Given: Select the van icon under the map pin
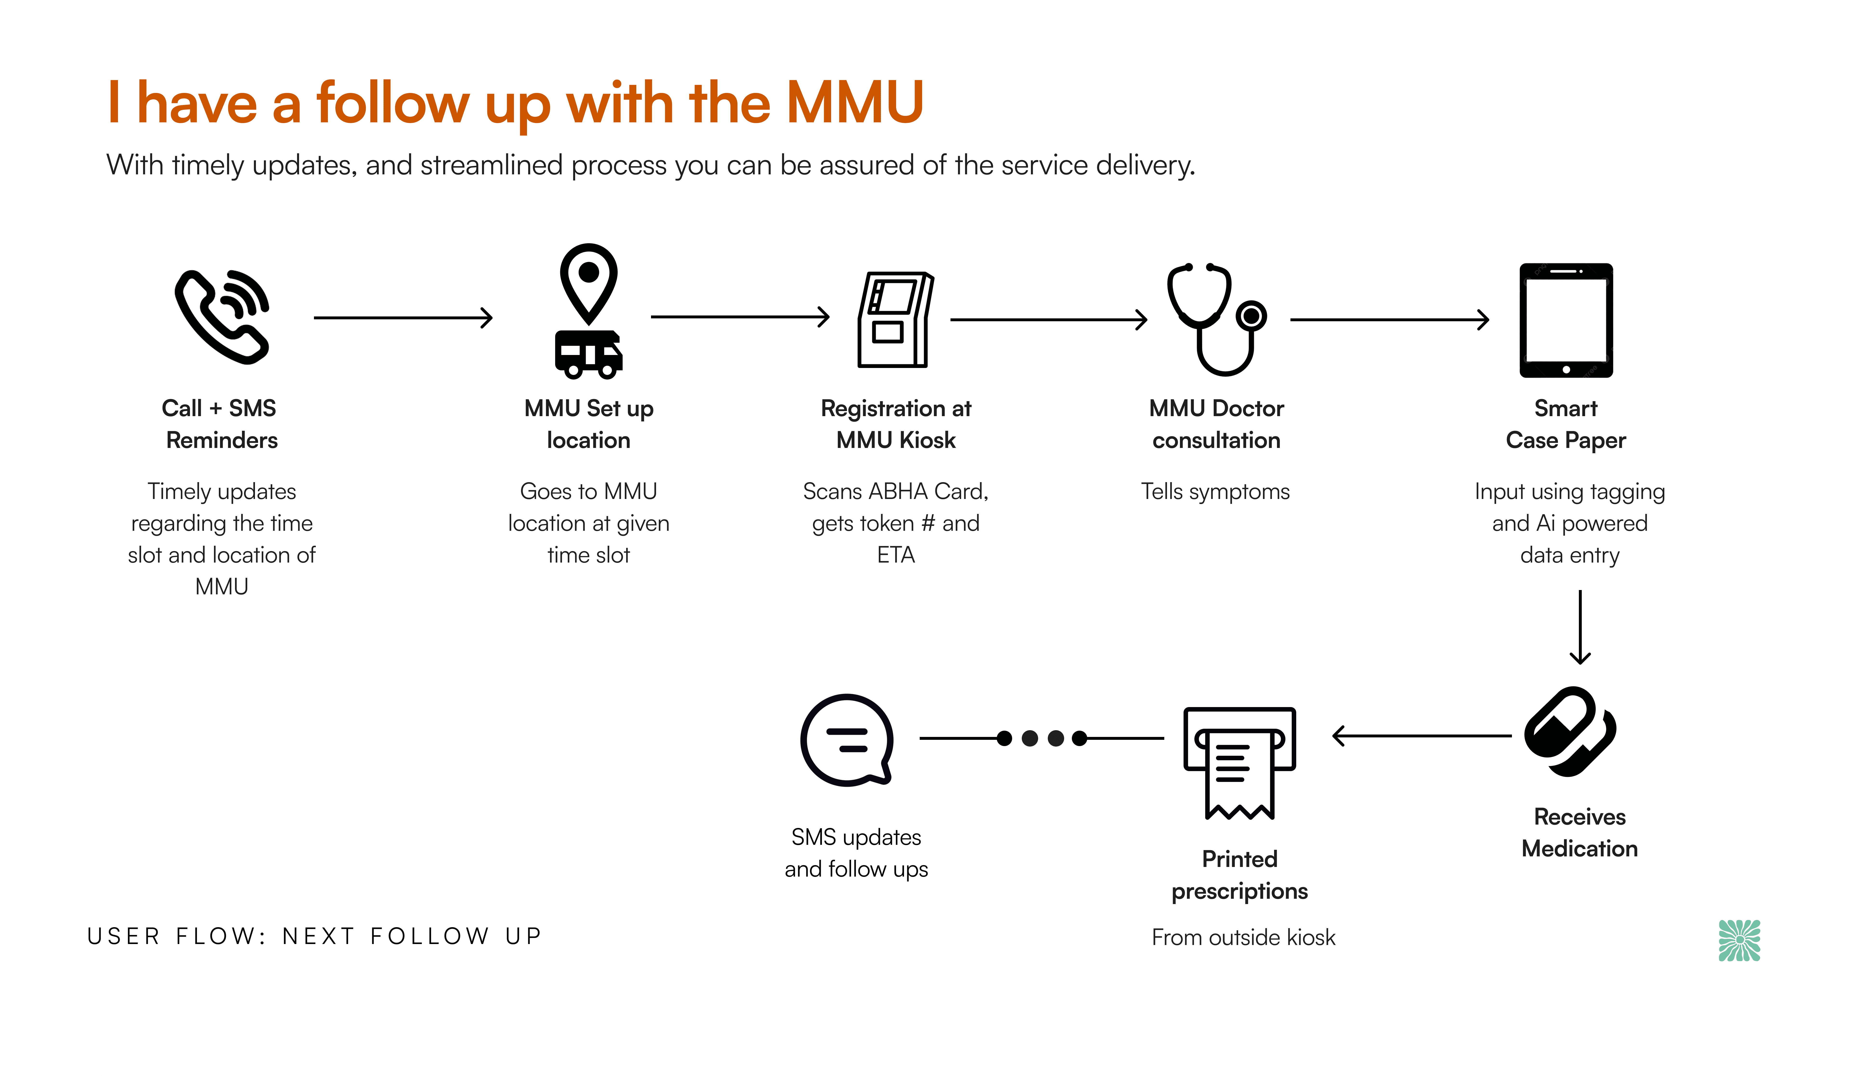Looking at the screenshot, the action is pyautogui.click(x=588, y=354).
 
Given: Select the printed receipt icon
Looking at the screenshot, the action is pyautogui.click(x=1239, y=763).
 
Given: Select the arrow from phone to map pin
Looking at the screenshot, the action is pyautogui.click(x=403, y=318).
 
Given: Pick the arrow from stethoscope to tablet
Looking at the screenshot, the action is pyautogui.click(x=1390, y=319).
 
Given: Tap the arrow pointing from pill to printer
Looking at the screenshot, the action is pyautogui.click(x=1422, y=735).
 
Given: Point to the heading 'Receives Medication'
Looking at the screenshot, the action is pyautogui.click(x=1580, y=832).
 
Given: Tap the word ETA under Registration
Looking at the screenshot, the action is pyautogui.click(x=896, y=555).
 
